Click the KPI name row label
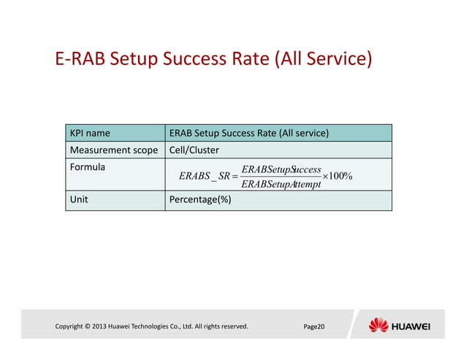90,134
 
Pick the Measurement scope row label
113,150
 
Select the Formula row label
87,167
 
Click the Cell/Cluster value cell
194,150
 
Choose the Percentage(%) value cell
200,199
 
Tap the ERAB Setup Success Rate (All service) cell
248,134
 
